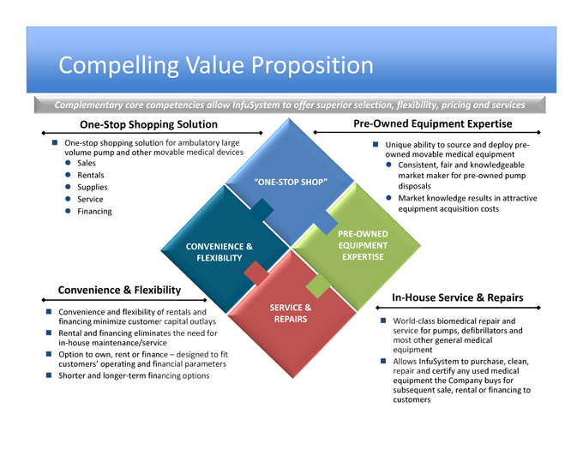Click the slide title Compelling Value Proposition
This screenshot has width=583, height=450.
216,66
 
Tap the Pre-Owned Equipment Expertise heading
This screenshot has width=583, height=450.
445,124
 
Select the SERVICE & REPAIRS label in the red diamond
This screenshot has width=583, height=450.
291,313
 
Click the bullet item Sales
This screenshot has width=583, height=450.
86,163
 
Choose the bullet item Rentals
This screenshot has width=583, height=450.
90,175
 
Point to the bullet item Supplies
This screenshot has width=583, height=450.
92,187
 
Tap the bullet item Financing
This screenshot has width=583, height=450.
94,211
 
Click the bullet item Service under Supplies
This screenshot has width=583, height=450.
90,199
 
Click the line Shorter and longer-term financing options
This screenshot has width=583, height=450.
134,375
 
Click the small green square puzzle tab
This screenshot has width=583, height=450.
316,285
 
